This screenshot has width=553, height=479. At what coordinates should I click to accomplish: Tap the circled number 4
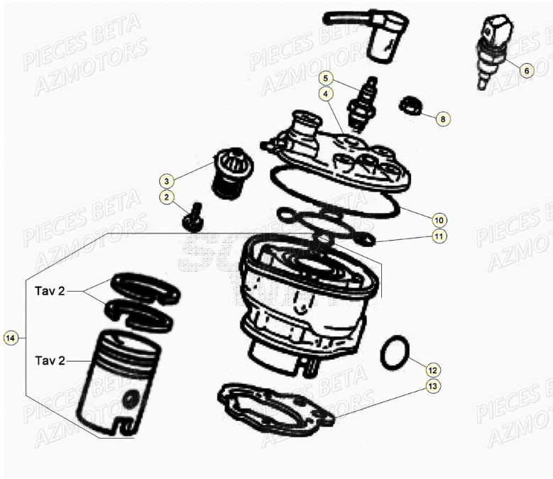324,93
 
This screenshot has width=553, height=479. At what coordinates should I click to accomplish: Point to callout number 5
324,77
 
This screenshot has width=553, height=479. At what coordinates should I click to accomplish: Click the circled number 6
525,70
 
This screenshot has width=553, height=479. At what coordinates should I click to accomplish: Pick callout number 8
442,119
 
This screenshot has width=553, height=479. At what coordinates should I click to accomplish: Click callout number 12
433,369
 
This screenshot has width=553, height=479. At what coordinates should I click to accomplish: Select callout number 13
433,387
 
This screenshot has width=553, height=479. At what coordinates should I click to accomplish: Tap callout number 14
10,338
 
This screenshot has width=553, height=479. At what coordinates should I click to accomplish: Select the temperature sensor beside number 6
494,51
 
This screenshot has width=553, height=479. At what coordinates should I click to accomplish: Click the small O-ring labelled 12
395,353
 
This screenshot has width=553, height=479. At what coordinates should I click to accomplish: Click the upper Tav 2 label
50,291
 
